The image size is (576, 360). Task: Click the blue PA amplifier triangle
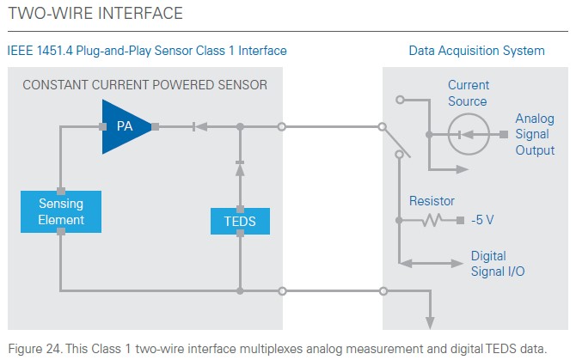[123, 126]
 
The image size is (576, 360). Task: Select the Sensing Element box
[61, 211]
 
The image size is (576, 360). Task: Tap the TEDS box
[240, 222]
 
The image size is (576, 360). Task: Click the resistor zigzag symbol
[432, 220]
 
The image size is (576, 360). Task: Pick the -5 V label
[482, 220]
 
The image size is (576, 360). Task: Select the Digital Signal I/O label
[498, 264]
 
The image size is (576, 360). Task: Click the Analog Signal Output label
[535, 134]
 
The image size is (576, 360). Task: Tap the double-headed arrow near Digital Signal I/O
[431, 263]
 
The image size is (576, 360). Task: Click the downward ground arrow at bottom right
[430, 323]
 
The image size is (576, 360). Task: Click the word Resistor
[432, 201]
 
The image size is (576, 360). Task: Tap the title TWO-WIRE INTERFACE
[95, 13]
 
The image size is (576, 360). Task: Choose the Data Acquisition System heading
[477, 51]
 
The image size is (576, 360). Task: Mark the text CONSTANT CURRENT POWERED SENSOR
[144, 85]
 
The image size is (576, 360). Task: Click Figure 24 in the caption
[34, 348]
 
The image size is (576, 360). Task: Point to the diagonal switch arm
[395, 142]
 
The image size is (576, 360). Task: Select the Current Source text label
[469, 93]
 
